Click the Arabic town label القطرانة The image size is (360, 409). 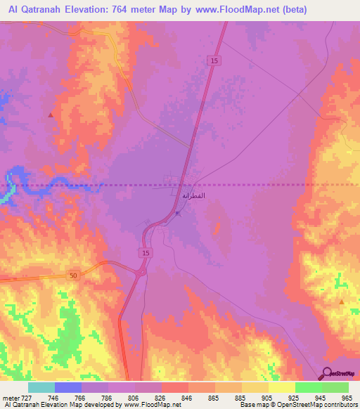[193, 195]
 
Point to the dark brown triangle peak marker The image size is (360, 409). [50, 114]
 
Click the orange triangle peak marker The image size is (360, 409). [341, 301]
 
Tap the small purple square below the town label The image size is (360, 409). [177, 214]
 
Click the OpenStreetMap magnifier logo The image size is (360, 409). [328, 372]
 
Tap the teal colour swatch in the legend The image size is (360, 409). [41, 387]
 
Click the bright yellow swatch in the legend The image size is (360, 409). [281, 387]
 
